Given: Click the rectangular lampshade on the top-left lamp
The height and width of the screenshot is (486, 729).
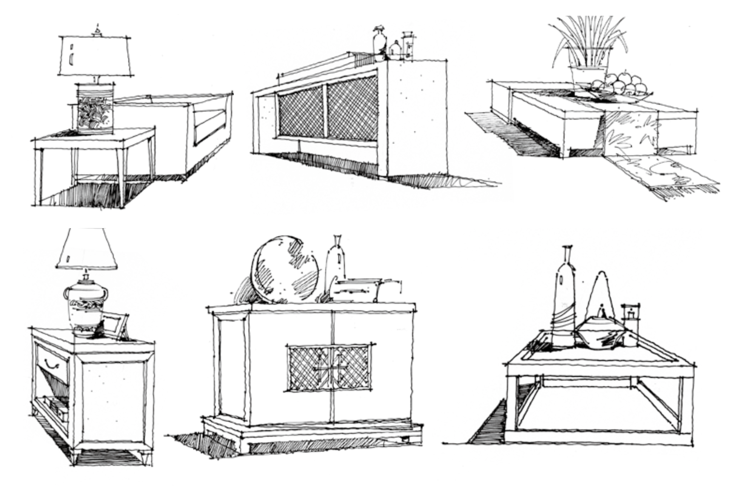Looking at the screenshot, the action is click(95, 56).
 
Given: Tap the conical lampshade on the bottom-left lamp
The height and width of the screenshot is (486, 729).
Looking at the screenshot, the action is click(87, 249).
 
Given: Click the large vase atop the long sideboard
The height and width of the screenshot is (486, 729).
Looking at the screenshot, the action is click(379, 42).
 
